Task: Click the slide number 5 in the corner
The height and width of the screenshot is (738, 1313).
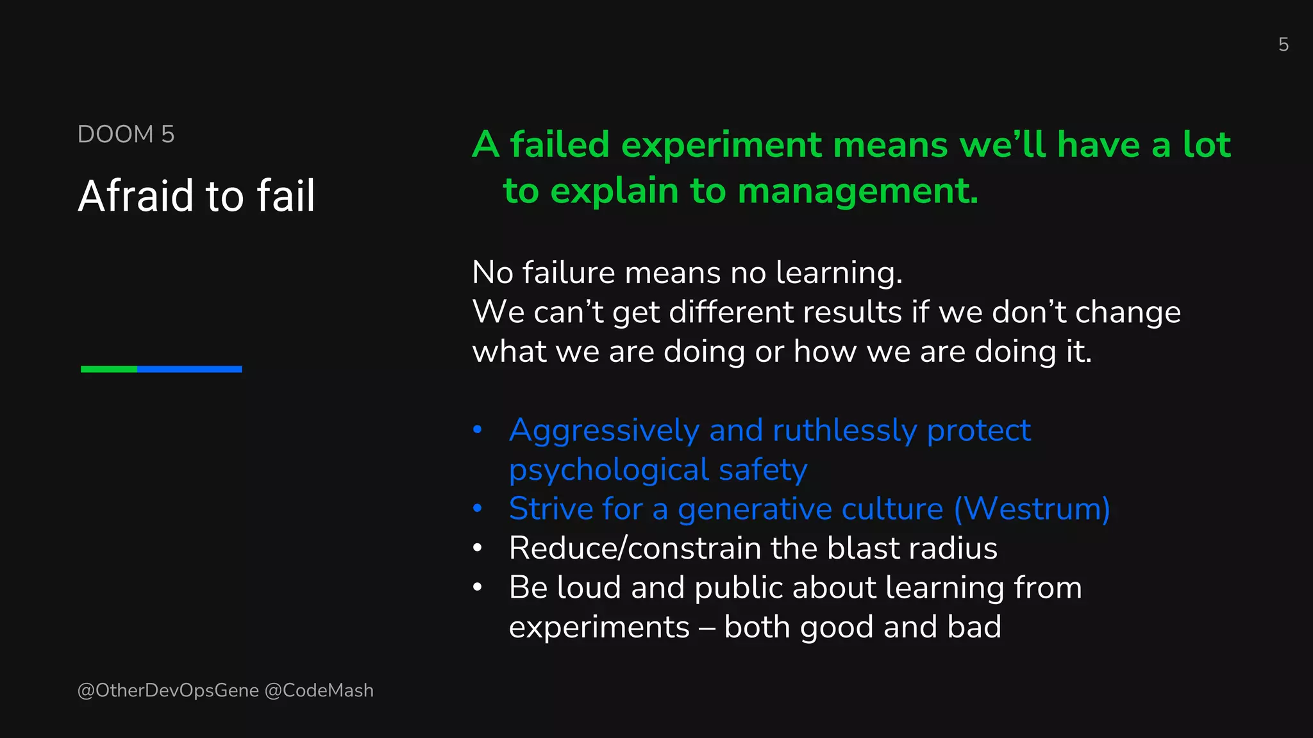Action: [1283, 44]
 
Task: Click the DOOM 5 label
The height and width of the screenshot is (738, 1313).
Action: [126, 135]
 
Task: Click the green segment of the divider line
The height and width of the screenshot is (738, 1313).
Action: [109, 369]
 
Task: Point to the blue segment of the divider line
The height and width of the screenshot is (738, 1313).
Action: [189, 369]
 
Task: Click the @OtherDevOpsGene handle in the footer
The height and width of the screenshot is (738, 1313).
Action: [168, 691]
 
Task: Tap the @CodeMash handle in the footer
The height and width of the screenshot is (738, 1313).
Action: [319, 691]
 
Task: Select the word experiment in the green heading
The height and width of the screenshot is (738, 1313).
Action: [721, 145]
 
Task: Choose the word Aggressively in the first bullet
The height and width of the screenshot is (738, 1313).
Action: [604, 430]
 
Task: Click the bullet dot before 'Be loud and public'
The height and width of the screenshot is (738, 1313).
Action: [477, 587]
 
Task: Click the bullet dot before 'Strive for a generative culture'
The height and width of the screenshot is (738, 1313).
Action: [477, 509]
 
